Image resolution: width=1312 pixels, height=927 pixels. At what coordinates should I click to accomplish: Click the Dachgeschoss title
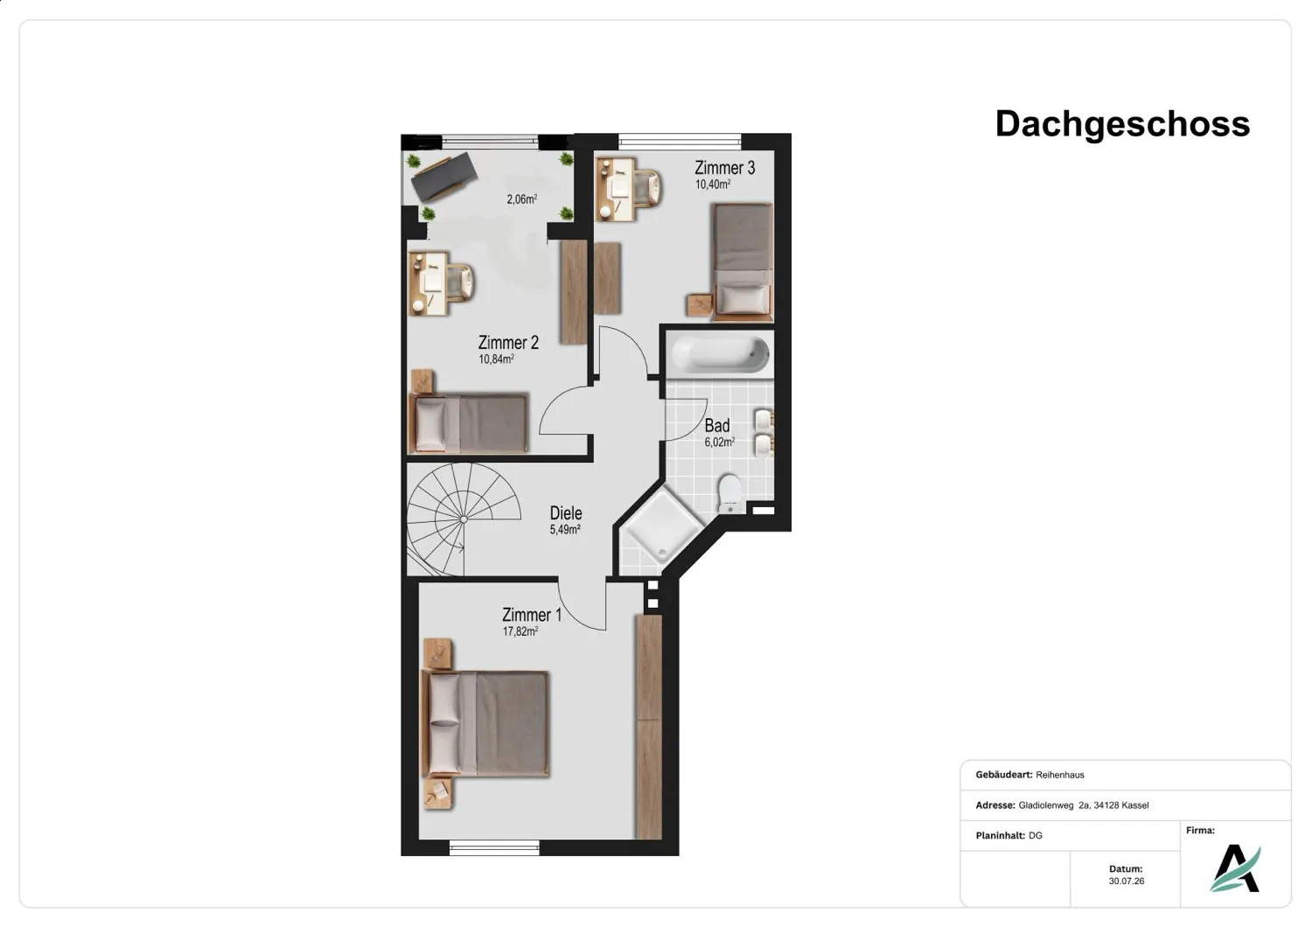1122,123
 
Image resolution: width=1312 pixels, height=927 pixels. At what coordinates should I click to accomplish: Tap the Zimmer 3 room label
724,168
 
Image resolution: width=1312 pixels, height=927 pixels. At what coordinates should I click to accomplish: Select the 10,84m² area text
496,359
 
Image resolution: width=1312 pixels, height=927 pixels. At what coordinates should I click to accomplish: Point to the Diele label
566,513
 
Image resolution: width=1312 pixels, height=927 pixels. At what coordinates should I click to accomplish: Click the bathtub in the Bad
720,353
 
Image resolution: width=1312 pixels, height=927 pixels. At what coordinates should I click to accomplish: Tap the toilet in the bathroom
729,492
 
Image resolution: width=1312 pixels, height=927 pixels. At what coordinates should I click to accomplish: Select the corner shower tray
662,524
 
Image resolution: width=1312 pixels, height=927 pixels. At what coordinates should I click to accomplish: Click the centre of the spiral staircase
464,519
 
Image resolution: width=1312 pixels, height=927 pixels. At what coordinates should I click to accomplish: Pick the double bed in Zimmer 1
485,724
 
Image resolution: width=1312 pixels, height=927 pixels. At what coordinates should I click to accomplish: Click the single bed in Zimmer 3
742,261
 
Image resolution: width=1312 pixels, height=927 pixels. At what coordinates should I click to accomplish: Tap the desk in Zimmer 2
429,283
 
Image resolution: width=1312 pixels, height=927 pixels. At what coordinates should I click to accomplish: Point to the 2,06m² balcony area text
522,199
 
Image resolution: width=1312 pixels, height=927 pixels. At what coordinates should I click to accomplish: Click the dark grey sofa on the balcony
444,177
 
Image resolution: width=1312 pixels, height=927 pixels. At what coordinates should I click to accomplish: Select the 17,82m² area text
520,631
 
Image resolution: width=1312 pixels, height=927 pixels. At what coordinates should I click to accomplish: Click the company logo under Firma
1235,868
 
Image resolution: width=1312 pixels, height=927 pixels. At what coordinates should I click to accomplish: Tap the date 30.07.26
1126,881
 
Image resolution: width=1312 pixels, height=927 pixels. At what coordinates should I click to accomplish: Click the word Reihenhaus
1059,775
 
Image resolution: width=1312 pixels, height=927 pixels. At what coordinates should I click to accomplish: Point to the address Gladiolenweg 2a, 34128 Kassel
1083,805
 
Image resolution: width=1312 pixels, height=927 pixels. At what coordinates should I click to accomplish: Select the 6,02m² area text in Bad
719,443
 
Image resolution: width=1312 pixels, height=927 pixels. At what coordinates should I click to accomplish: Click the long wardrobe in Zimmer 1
648,727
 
